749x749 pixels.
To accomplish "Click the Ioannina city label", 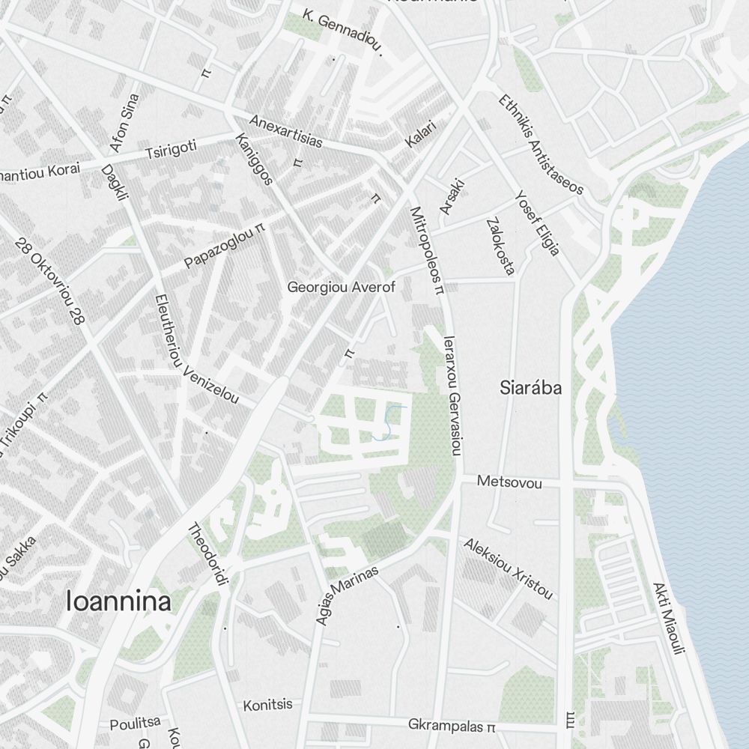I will tap(119, 601).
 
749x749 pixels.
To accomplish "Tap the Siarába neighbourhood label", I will tap(531, 388).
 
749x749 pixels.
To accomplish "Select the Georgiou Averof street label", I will tap(342, 287).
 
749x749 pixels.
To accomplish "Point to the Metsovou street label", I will tap(509, 483).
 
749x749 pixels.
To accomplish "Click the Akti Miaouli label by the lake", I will tap(668, 619).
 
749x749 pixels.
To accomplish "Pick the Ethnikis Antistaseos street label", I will tap(540, 144).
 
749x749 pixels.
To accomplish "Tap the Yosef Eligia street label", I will tap(537, 222).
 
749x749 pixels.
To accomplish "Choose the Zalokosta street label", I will tap(500, 246).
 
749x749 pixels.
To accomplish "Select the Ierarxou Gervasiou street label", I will tap(452, 394).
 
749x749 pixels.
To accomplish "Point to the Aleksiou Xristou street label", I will tap(509, 568).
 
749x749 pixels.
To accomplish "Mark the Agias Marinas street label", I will tap(345, 596).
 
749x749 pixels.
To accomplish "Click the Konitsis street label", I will tap(267, 706).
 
